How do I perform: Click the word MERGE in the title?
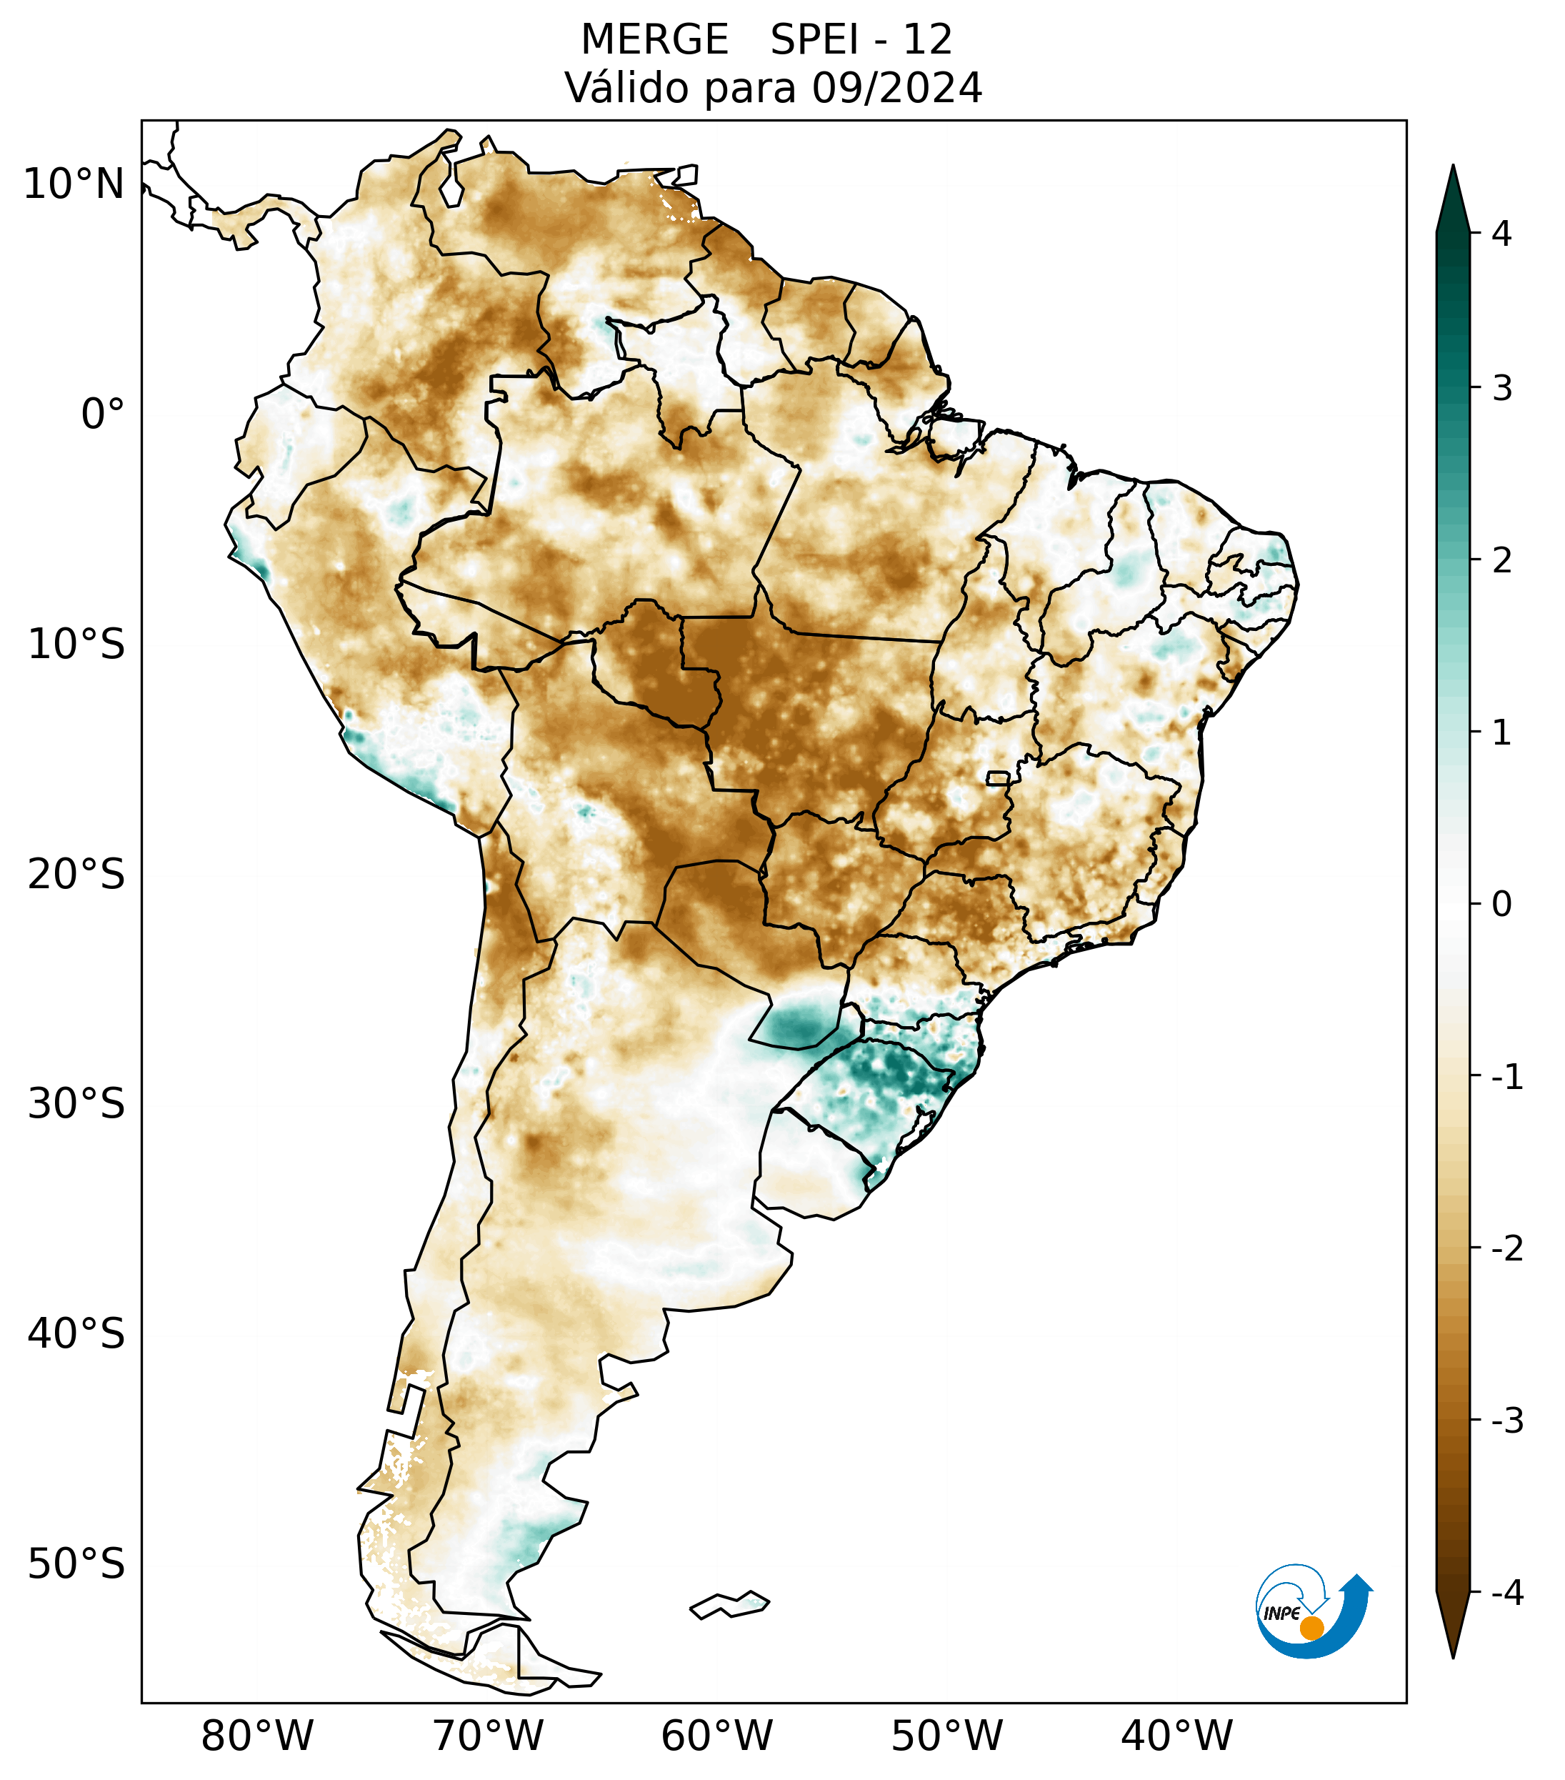(654, 40)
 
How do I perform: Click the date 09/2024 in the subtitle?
(896, 88)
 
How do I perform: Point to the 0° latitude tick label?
(103, 414)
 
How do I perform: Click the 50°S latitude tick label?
(76, 1565)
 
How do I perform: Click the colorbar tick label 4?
(1501, 234)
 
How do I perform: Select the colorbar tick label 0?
(1501, 905)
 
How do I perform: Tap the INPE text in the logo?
(1281, 1614)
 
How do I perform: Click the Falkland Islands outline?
(729, 1605)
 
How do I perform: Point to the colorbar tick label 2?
(1501, 561)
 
